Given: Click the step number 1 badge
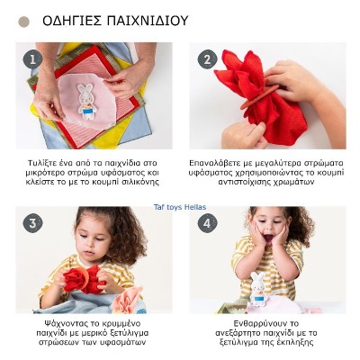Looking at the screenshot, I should click(x=34, y=58).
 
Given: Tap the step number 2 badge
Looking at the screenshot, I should click(x=206, y=58).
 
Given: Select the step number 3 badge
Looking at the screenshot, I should click(x=34, y=223).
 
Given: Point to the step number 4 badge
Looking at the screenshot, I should click(x=207, y=223).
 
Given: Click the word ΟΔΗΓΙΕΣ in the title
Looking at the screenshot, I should click(x=74, y=20).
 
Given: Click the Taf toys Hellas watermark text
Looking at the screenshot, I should click(x=180, y=206).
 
